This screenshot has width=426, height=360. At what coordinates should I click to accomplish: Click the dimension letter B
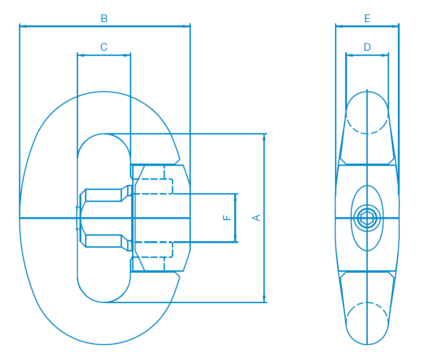tap(104, 18)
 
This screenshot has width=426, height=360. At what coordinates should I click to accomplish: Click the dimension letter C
tap(104, 47)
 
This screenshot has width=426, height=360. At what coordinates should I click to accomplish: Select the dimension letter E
tap(367, 18)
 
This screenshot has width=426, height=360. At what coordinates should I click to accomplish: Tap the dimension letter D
tap(367, 47)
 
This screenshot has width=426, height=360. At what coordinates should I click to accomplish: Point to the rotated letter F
tap(227, 217)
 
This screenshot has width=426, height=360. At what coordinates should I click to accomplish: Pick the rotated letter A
tap(256, 218)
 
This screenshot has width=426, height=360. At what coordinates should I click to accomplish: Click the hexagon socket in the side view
tap(367, 218)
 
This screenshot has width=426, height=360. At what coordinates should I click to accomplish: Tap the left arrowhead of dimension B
tap(23, 26)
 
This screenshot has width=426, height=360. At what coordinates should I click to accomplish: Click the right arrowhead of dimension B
tap(186, 26)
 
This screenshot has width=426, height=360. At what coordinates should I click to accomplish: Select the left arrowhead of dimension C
tap(81, 55)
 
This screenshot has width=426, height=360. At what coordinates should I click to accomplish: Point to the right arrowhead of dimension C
tap(127, 55)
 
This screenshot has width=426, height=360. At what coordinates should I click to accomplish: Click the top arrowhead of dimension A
tap(264, 137)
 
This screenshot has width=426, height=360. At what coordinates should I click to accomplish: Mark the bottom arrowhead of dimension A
tap(264, 299)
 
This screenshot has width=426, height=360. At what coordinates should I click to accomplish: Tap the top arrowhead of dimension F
tap(235, 197)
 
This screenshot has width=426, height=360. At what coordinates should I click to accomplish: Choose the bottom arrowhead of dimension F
tap(235, 238)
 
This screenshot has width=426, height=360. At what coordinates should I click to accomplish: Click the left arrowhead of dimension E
tap(339, 26)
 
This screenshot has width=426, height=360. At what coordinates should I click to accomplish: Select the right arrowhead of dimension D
tap(385, 55)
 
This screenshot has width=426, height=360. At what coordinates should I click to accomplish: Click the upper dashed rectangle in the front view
tap(153, 186)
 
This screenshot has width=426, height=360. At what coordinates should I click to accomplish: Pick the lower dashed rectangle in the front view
tap(153, 249)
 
